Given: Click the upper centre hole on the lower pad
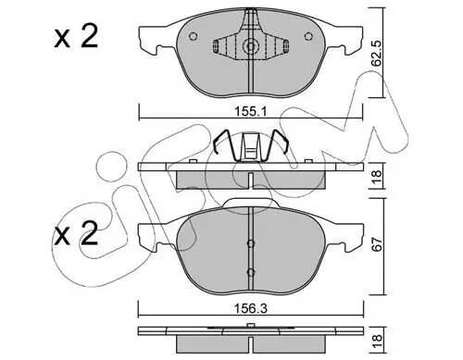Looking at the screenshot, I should pos(251,244).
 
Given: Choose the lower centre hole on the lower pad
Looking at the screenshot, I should pos(251,271).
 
